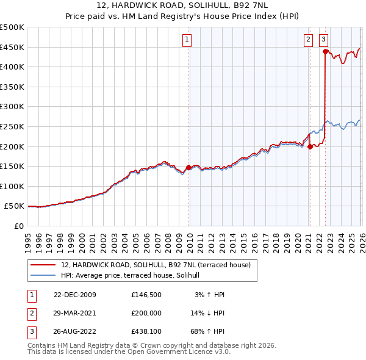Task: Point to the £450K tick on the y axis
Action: tap(12, 47)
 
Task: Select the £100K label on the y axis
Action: tap(12, 186)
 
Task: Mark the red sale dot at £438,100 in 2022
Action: tap(325, 52)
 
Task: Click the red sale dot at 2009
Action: tap(188, 167)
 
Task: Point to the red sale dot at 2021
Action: tap(310, 146)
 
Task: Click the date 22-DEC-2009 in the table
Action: tap(75, 295)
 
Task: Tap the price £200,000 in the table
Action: tap(145, 312)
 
